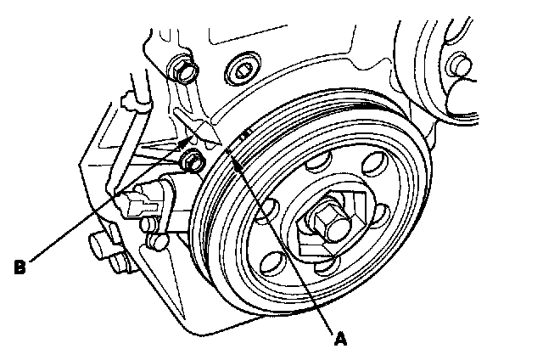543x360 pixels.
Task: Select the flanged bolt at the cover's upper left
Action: tap(182, 67)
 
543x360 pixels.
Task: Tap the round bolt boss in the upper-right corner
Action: tap(459, 65)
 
